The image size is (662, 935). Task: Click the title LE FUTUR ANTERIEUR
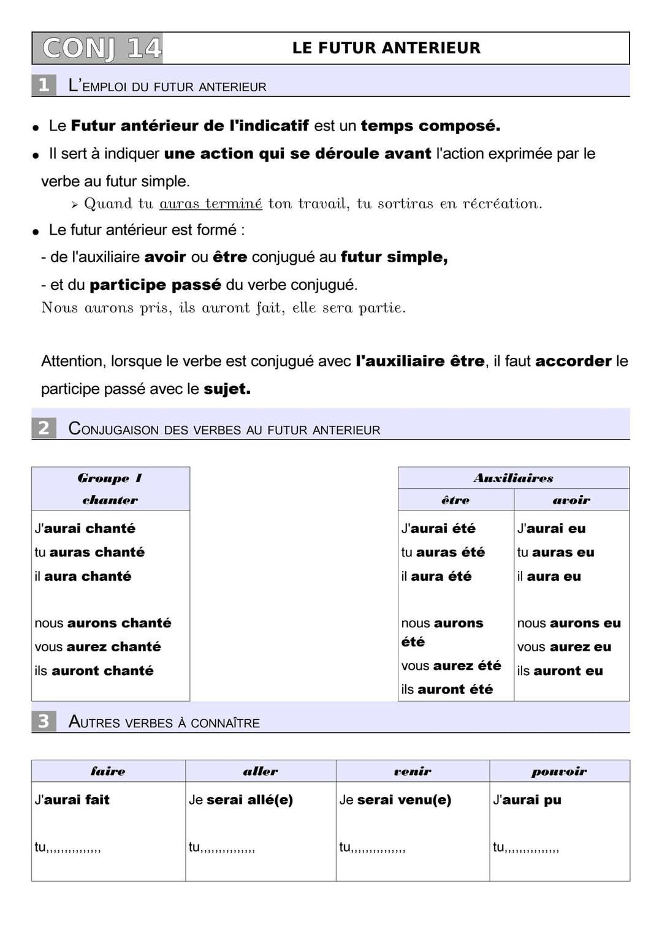click(x=386, y=48)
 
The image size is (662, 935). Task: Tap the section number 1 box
click(x=44, y=85)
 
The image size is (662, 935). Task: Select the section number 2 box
click(x=44, y=428)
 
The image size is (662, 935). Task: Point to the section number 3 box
click(x=44, y=721)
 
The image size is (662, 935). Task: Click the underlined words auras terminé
click(x=211, y=203)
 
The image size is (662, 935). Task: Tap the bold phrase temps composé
click(x=430, y=126)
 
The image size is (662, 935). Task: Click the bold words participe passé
click(x=155, y=284)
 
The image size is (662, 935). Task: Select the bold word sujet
click(x=227, y=388)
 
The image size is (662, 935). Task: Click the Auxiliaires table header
click(x=513, y=479)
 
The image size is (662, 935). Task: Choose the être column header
click(x=455, y=500)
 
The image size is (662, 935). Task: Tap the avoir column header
click(x=571, y=500)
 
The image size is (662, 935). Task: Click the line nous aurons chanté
click(x=103, y=623)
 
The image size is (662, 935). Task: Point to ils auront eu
click(x=560, y=671)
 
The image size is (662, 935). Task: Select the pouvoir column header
click(x=559, y=771)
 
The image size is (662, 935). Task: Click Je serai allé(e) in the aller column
click(x=241, y=800)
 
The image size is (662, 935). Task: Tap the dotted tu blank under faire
click(x=68, y=847)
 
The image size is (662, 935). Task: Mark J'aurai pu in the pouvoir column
click(x=527, y=800)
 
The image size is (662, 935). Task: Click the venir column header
click(x=413, y=771)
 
